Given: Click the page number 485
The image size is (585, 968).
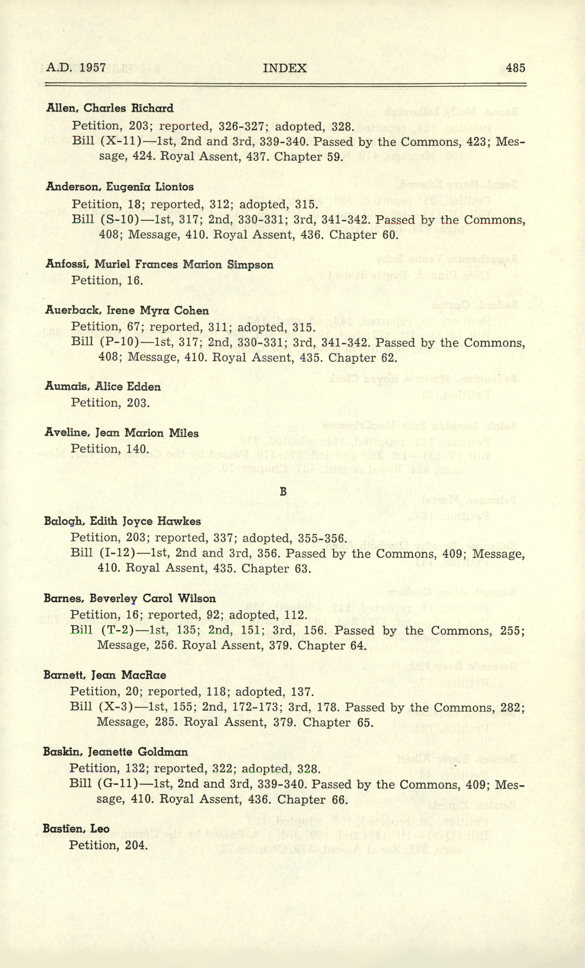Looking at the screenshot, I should pyautogui.click(x=515, y=68).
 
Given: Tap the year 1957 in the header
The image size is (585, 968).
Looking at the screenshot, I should pyautogui.click(x=93, y=68).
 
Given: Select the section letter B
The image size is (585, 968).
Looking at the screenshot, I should pyautogui.click(x=283, y=491).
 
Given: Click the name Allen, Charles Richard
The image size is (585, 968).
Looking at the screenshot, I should pyautogui.click(x=109, y=108).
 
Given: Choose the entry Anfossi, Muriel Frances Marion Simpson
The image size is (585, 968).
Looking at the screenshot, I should pyautogui.click(x=159, y=264).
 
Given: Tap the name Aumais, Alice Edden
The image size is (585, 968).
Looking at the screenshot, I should pyautogui.click(x=103, y=387).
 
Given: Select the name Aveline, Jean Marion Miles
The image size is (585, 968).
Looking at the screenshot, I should pyautogui.click(x=121, y=433).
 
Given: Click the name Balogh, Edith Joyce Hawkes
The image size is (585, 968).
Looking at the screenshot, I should pyautogui.click(x=122, y=521).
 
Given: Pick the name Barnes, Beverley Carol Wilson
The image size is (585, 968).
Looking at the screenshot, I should pyautogui.click(x=130, y=598).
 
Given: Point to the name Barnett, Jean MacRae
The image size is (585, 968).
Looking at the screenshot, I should pyautogui.click(x=105, y=675).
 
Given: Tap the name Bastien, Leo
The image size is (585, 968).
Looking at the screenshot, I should pyautogui.click(x=76, y=829).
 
